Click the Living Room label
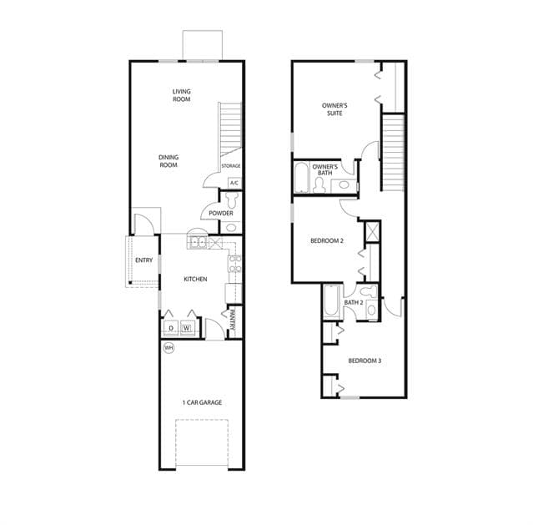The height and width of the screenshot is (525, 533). pos(182,95)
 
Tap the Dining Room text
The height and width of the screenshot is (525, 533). pos(168,161)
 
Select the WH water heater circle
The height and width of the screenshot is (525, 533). pos(169,348)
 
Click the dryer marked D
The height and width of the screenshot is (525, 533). pos(171,328)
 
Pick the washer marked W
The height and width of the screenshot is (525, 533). pos(187,328)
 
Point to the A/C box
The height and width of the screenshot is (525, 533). pos(234,183)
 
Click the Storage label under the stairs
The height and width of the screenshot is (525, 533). pos(231,166)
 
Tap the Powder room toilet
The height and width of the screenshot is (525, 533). pos(232,200)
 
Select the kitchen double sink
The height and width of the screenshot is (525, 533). pos(199,243)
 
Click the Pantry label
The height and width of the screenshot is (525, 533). pos(233,320)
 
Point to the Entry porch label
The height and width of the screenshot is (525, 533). pos(143,260)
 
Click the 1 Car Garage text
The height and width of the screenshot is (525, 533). pos(202,402)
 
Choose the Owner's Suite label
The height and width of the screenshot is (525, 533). pos(334,109)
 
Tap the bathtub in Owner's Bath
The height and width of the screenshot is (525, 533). pos(301,178)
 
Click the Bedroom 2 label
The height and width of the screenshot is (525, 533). pos(327,240)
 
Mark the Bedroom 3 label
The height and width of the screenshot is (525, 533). pos(365,361)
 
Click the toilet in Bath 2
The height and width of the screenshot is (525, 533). pos(368,291)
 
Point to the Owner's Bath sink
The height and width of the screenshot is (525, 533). pos(344,185)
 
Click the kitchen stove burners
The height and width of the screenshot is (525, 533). pos(235,265)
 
